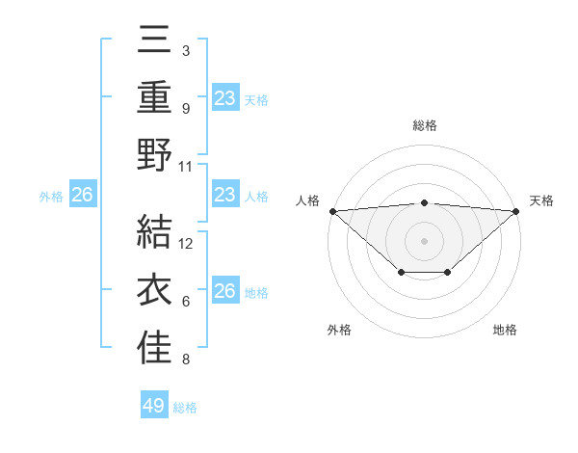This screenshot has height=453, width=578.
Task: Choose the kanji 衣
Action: [x=154, y=292]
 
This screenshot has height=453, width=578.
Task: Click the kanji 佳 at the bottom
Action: [x=154, y=348]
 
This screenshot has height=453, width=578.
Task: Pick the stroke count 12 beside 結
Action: [x=187, y=244]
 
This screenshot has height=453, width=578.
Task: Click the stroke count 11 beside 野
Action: [x=187, y=165]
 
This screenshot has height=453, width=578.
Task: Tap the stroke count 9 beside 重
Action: [x=186, y=109]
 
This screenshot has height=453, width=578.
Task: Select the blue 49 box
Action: [x=154, y=406]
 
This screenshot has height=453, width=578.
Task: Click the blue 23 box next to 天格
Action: [x=225, y=97]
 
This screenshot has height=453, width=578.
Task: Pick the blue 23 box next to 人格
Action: [x=225, y=195]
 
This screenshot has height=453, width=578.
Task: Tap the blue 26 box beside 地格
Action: [x=225, y=291]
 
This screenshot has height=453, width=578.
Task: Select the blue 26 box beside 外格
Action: [x=83, y=196]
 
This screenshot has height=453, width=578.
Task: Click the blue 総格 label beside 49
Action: [x=185, y=407]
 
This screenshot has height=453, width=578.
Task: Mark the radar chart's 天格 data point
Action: [x=516, y=211]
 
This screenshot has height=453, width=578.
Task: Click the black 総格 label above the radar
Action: [x=424, y=126]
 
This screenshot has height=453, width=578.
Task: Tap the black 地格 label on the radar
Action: [x=505, y=330]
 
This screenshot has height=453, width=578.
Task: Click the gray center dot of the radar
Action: [x=424, y=240]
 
